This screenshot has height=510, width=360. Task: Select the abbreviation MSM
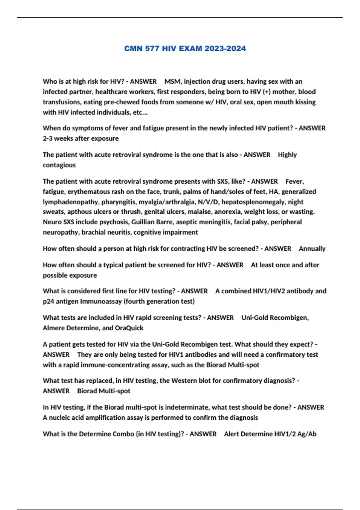[x=172, y=82]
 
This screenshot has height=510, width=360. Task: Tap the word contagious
[x=59, y=165]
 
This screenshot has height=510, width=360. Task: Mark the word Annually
[x=312, y=249]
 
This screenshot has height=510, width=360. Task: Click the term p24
[x=48, y=301]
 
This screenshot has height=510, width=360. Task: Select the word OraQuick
[x=129, y=328]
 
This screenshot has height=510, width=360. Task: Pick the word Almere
[x=53, y=328]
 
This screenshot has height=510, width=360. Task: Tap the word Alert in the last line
[x=232, y=434]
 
